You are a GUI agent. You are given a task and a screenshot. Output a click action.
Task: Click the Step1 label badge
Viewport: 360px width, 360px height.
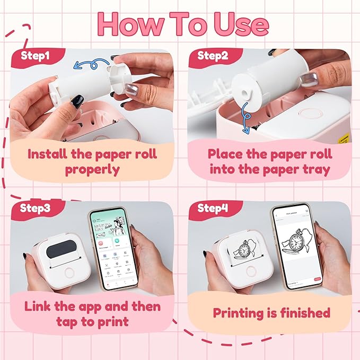click(36, 55)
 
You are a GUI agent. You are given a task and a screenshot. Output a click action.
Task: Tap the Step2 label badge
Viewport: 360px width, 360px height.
click(212, 55)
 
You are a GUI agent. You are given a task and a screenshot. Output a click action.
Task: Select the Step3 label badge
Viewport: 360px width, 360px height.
click(36, 208)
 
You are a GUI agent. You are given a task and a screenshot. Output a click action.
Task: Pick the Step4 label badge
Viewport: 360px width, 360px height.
click(213, 208)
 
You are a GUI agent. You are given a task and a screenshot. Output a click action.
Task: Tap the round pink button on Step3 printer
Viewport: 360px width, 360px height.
click(68, 273)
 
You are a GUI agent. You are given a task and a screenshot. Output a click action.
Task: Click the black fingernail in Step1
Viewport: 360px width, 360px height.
click(77, 101)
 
